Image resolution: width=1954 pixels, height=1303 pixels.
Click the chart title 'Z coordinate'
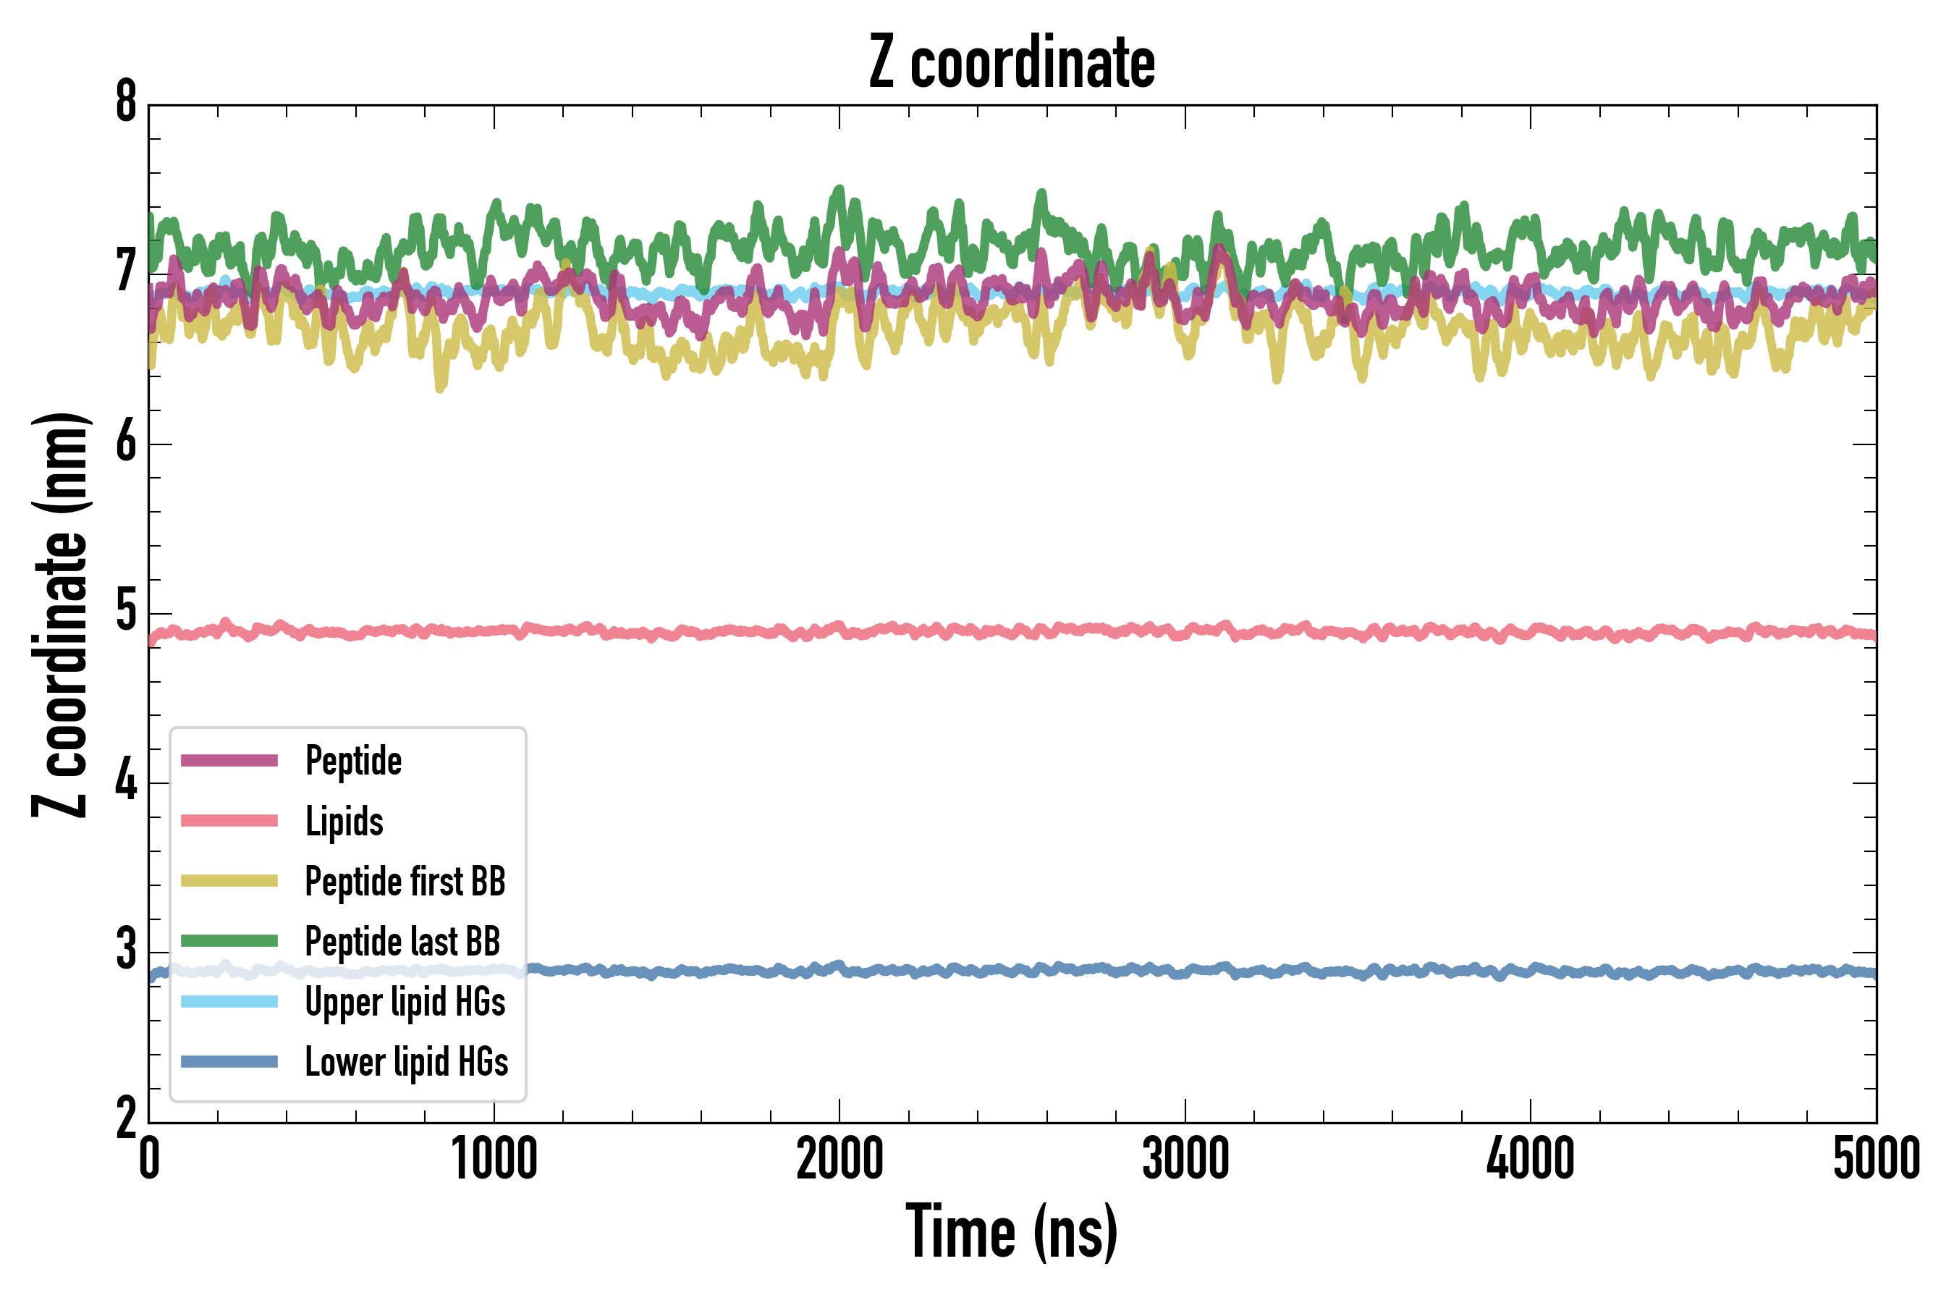click(x=1011, y=63)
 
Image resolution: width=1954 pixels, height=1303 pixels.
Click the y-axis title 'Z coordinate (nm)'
click(x=60, y=614)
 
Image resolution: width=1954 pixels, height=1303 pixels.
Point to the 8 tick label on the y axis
click(x=126, y=103)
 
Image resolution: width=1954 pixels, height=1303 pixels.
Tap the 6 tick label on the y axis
click(x=126, y=443)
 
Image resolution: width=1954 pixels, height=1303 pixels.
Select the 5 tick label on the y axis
click(x=126, y=612)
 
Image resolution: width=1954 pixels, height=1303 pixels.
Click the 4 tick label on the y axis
click(x=126, y=782)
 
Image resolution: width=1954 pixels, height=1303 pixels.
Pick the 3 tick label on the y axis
click(x=126, y=950)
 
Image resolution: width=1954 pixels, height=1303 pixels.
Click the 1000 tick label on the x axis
click(x=494, y=1158)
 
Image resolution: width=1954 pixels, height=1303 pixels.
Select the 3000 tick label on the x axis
click(x=1185, y=1158)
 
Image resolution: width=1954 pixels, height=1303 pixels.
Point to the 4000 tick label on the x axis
click(x=1531, y=1158)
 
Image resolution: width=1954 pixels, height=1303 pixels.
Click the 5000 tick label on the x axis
click(x=1876, y=1158)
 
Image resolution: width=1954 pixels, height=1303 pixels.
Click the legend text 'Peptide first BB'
click(x=405, y=881)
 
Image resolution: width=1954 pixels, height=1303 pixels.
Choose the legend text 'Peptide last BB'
click(x=403, y=942)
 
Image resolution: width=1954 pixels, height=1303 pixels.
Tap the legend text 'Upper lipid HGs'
click(x=405, y=1001)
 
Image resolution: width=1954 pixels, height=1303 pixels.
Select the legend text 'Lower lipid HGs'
click(x=407, y=1061)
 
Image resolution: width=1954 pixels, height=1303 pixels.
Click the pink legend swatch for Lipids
click(x=229, y=821)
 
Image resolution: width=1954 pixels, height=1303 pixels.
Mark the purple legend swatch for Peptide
click(x=229, y=760)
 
